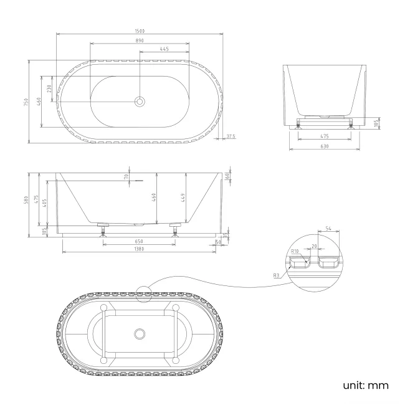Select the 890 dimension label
tap(140, 40)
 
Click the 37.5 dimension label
tap(231, 136)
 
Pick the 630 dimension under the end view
tap(325, 146)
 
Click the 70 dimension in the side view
tap(127, 177)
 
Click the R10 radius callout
tap(296, 252)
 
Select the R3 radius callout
tap(276, 274)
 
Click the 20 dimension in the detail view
tap(315, 246)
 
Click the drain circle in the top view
tap(140, 101)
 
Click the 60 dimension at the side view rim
tap(228, 176)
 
